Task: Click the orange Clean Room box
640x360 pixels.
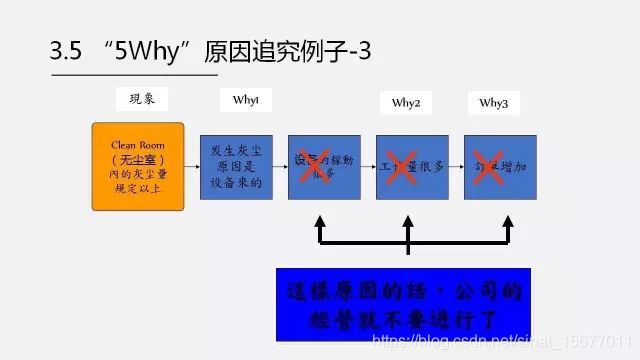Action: point(138,166)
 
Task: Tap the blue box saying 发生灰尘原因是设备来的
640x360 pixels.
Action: point(236,166)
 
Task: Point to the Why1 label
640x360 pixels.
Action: point(246,100)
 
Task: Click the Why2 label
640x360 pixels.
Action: point(405,103)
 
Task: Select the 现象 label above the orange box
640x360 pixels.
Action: point(142,98)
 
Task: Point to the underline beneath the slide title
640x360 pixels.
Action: point(133,75)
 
